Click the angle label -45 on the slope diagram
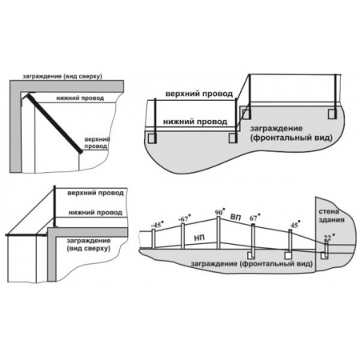[157, 225]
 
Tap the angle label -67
[185, 218]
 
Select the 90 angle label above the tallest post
[220, 212]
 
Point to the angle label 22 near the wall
[328, 237]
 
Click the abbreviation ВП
[235, 218]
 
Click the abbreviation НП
[199, 238]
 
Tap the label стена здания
[331, 216]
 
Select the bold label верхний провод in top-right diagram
[199, 94]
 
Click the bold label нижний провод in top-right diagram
[195, 122]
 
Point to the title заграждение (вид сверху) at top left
[62, 77]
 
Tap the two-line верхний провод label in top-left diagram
[97, 142]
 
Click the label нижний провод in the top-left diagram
[80, 98]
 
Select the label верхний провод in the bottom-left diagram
[95, 193]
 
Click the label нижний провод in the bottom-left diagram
[95, 213]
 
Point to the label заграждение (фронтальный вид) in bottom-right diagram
[251, 264]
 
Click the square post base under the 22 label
[325, 255]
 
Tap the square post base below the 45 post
[288, 255]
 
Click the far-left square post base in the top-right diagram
[152, 138]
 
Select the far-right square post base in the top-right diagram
[332, 114]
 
